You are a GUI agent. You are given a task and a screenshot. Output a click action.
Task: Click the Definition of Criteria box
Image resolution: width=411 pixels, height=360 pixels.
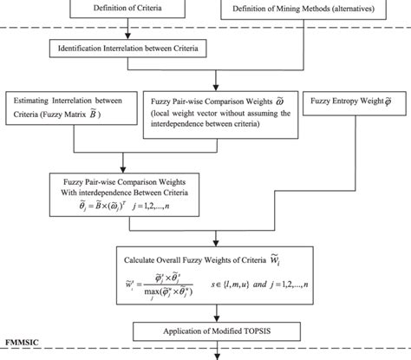point(128,10)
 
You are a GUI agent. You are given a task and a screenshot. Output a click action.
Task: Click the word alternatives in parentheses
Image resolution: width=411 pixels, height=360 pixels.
point(361,10)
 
